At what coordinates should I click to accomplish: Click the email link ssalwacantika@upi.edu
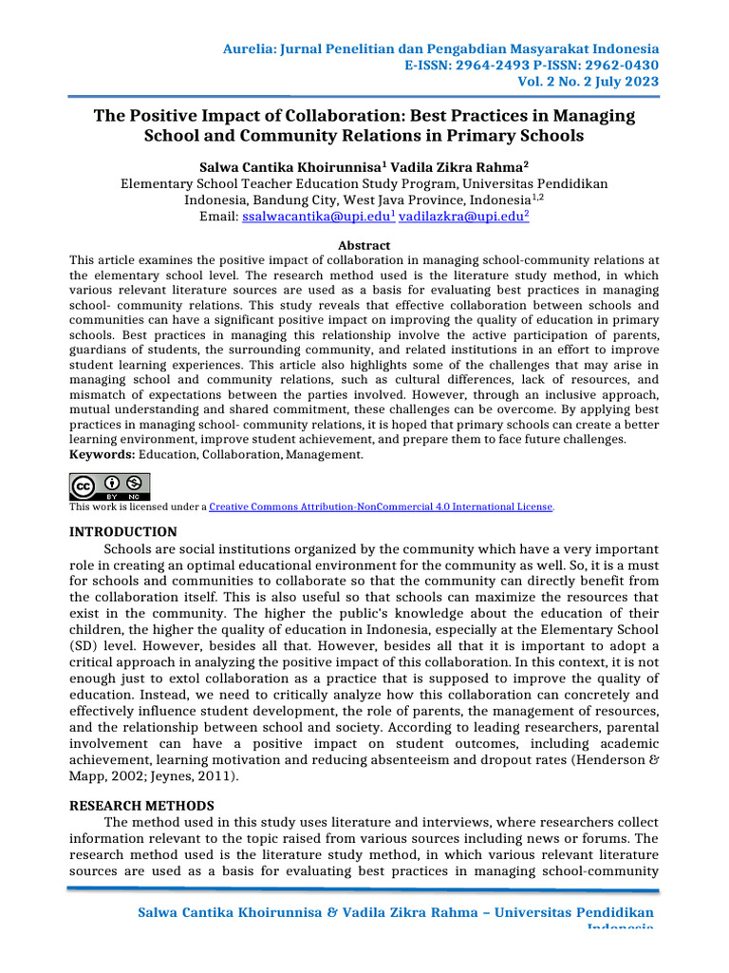315,218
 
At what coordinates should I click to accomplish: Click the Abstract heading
364,245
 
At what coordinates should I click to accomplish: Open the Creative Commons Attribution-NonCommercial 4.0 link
381,507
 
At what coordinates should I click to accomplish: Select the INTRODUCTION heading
123,532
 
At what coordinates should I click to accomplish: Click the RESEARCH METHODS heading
141,805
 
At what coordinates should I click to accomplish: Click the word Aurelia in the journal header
244,48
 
